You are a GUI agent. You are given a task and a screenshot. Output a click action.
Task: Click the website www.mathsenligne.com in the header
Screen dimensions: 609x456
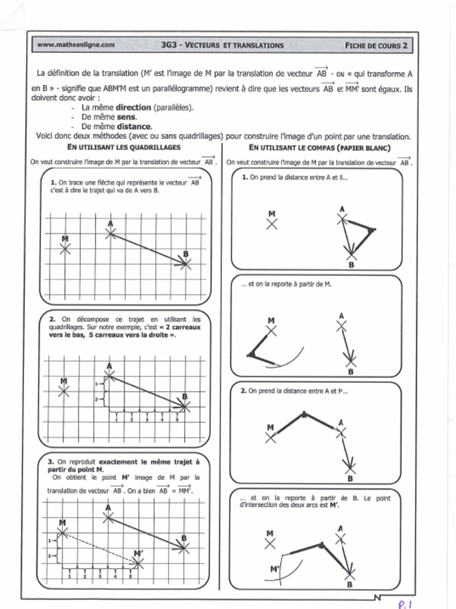point(75,45)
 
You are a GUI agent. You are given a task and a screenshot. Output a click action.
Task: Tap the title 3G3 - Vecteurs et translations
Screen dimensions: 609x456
point(222,45)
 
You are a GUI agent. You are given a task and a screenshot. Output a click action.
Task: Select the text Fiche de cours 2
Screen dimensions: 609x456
point(376,45)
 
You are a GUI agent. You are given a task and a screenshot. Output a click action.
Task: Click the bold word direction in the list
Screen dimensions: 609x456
point(133,108)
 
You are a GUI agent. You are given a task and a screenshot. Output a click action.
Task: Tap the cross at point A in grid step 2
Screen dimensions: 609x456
point(109,375)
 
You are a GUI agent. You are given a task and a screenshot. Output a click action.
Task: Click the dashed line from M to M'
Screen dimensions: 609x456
point(100,546)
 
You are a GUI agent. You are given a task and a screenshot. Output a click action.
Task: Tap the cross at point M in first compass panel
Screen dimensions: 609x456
point(271,224)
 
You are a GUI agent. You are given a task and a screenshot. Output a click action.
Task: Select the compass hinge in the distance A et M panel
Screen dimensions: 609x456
point(304,413)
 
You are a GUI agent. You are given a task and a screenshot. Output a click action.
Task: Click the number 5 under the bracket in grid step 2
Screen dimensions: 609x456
point(176,420)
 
